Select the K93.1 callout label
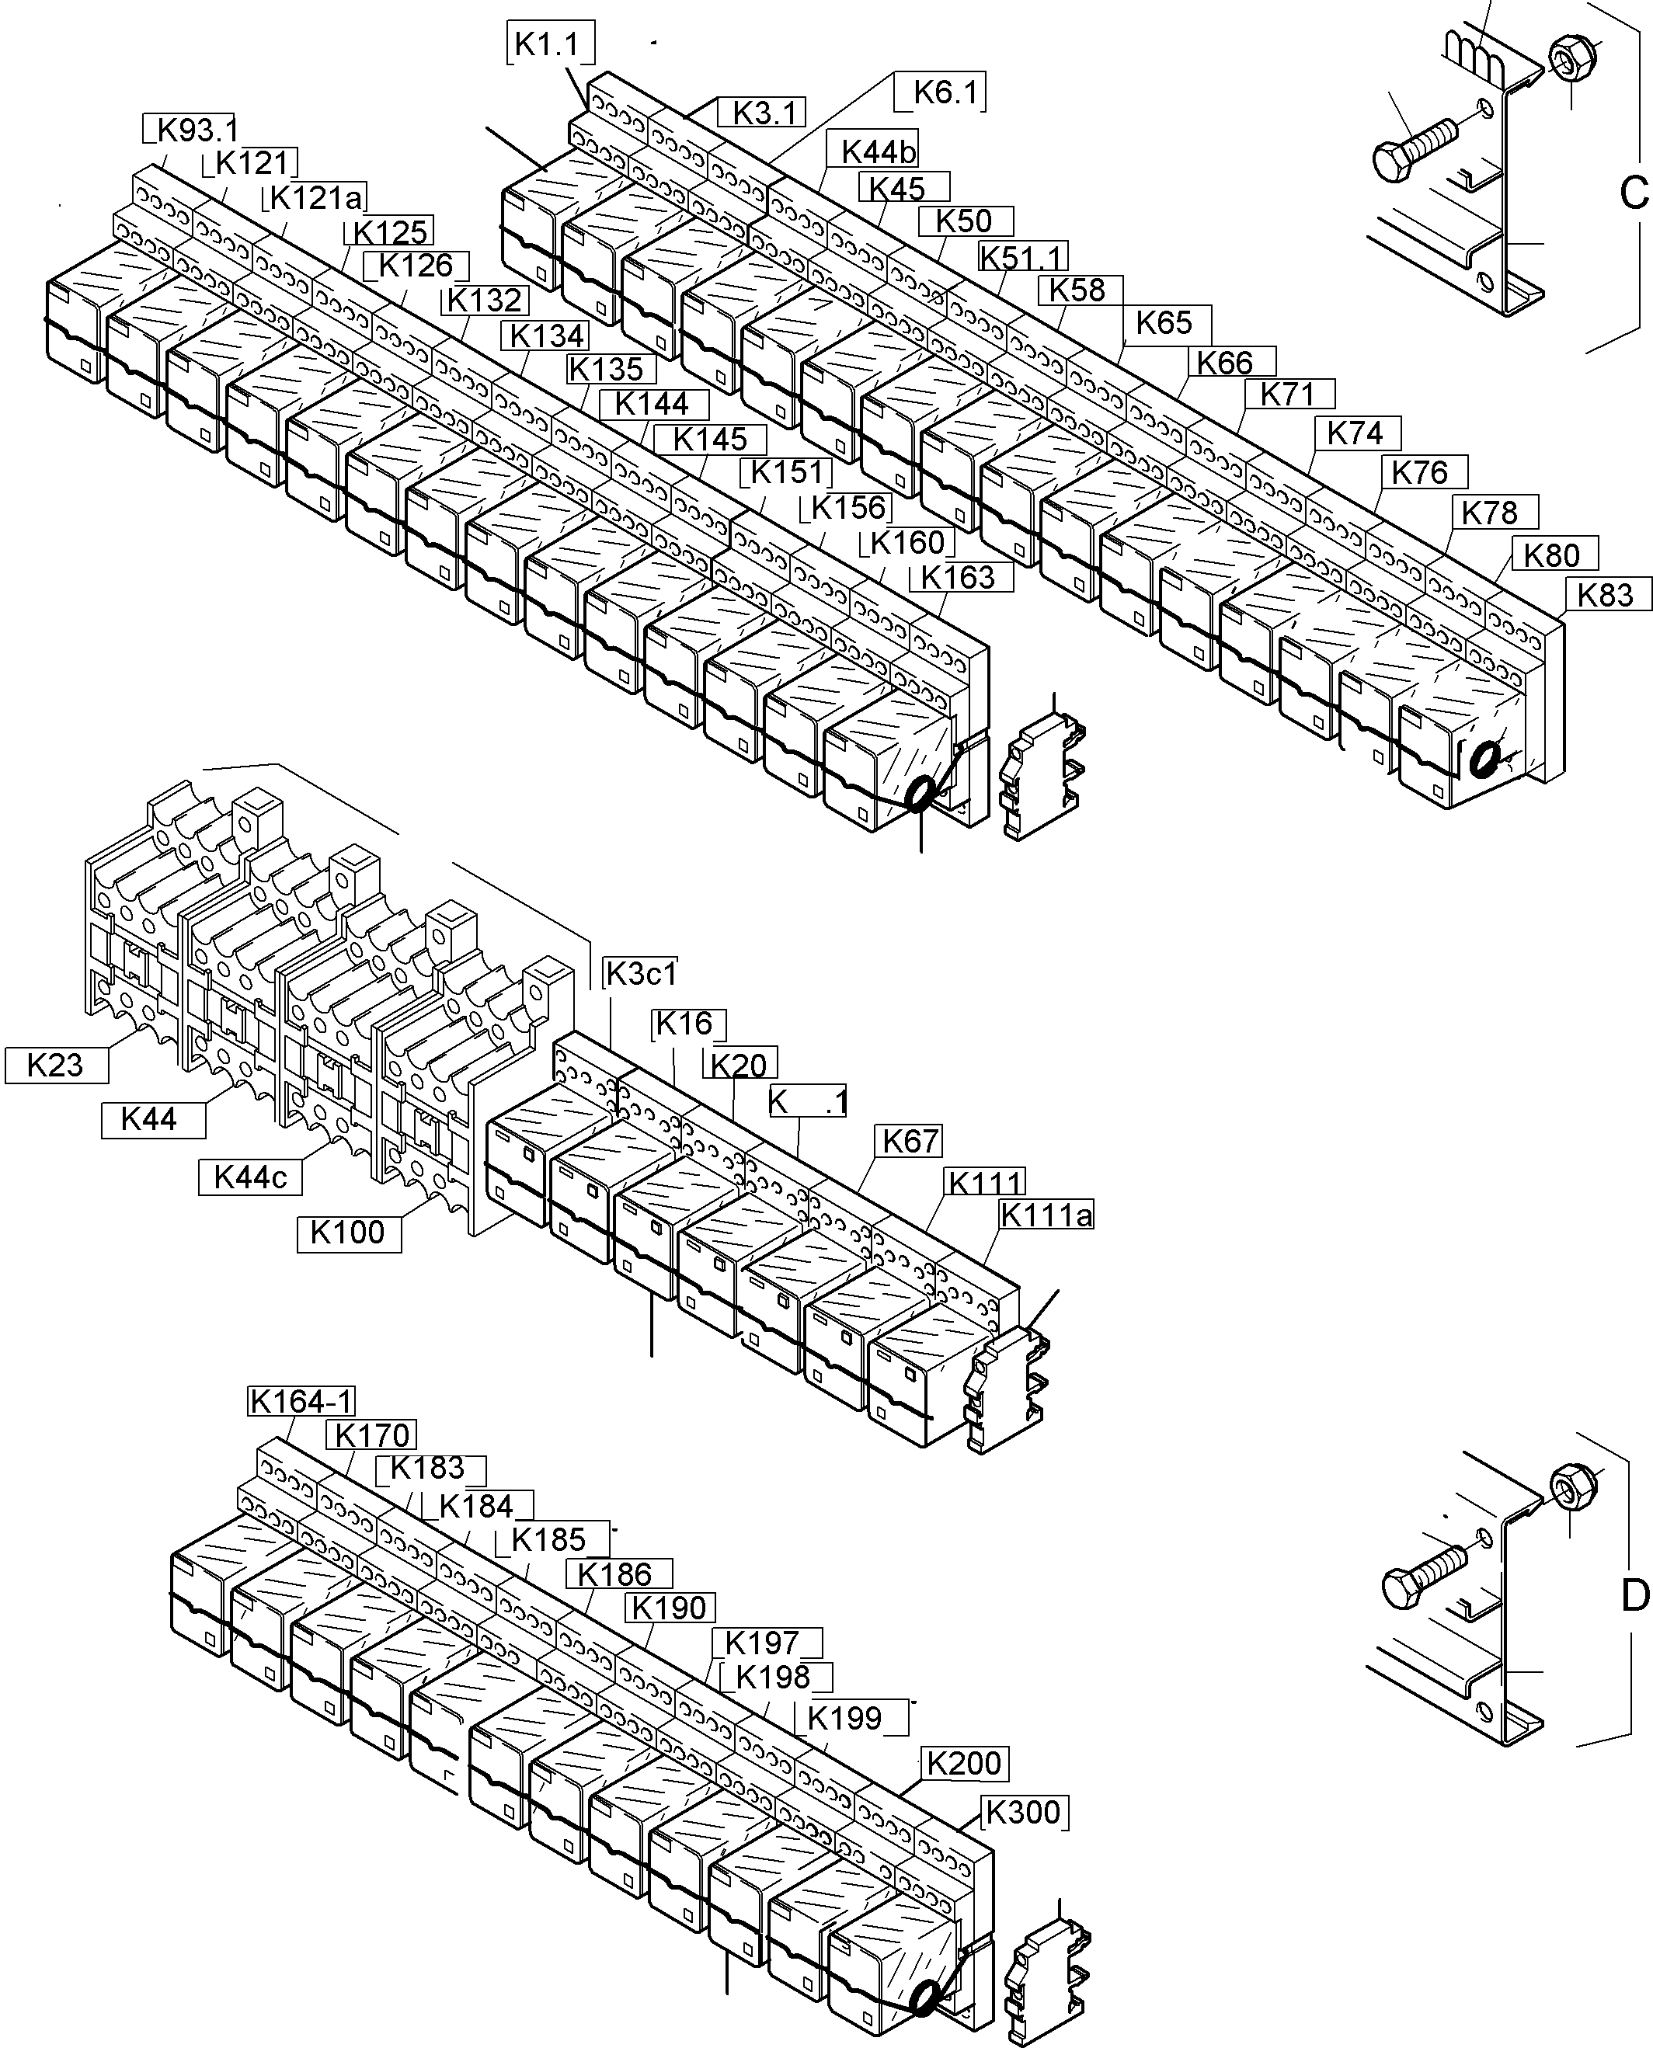click(193, 129)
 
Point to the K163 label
click(958, 577)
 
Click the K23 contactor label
click(55, 1065)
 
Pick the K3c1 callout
click(641, 974)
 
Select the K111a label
click(1046, 1215)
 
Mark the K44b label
click(878, 151)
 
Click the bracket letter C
click(1632, 193)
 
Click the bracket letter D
click(1634, 1596)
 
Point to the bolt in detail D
click(1422, 1583)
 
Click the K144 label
click(652, 404)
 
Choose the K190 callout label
click(670, 1607)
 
